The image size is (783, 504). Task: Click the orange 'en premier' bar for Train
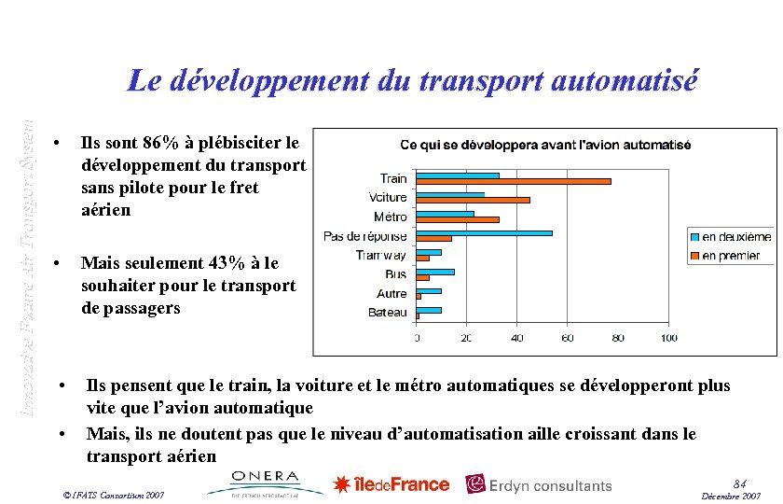[514, 180]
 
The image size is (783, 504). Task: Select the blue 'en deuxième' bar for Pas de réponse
[484, 232]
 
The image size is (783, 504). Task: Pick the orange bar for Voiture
[473, 200]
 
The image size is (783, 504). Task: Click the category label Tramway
[381, 255]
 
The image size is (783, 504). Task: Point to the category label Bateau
[388, 313]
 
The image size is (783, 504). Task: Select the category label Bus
[396, 274]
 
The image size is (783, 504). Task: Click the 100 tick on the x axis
[668, 338]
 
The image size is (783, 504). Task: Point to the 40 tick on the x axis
[516, 338]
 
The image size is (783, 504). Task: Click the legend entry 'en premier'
[730, 255]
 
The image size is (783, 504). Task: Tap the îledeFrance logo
[391, 484]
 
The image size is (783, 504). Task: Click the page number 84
[740, 483]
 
